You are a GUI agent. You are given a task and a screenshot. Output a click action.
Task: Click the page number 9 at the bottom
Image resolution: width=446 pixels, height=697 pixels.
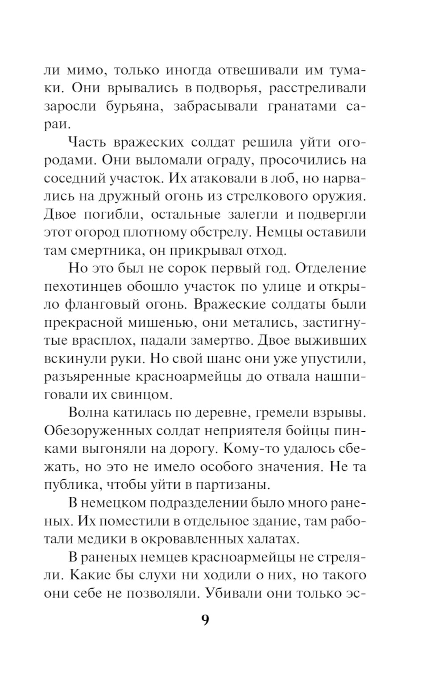[x=205, y=620]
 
